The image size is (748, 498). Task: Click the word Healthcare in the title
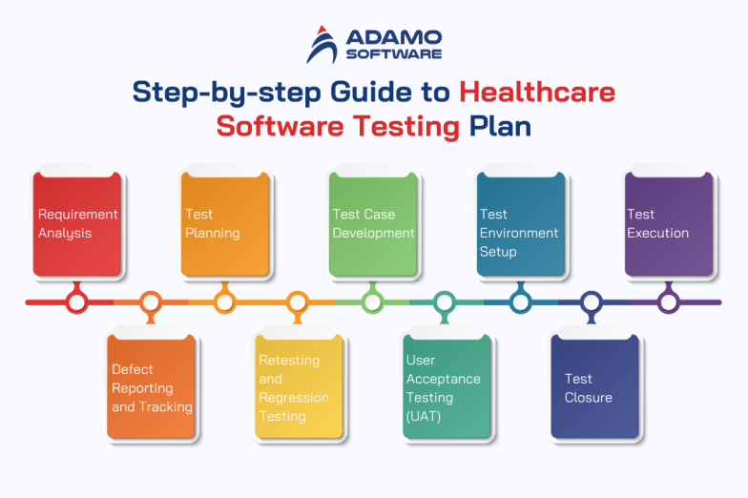coord(536,93)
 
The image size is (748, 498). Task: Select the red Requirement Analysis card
coord(77,224)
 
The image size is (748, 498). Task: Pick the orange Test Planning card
coord(225,224)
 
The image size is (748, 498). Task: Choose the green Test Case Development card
coord(373,224)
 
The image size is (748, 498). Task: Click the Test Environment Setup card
coord(521,224)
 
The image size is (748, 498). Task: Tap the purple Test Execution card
coord(669,224)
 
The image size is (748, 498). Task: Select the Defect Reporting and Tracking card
coord(152,387)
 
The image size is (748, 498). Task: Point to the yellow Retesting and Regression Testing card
coord(299,387)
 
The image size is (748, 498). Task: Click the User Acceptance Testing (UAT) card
coord(447,387)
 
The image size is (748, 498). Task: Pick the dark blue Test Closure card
coord(594,387)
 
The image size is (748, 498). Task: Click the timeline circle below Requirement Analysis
coord(77,302)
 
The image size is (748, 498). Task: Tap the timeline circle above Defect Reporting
coord(151,302)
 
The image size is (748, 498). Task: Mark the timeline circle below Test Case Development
coord(372,302)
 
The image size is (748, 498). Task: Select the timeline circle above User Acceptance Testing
coord(446,302)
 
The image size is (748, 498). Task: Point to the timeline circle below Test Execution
coord(669,302)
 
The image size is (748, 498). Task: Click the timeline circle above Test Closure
coord(592,302)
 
